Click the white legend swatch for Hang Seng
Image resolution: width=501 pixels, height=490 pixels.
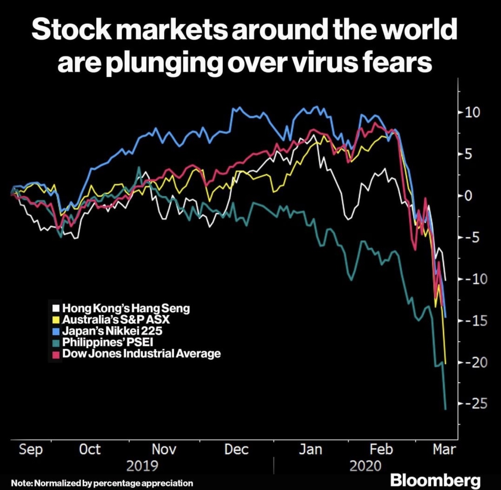tap(56, 308)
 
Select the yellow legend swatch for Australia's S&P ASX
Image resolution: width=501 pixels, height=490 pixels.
tap(56, 319)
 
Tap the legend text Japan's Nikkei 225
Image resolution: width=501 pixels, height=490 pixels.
tap(112, 331)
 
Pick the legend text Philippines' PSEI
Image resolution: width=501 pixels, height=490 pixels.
tap(108, 342)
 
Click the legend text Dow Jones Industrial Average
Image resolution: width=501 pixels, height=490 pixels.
tap(142, 353)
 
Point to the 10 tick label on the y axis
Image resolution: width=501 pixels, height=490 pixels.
tap(472, 112)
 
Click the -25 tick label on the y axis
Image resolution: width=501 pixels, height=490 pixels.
tap(474, 403)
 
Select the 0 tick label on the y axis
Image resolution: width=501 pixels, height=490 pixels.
tap(468, 196)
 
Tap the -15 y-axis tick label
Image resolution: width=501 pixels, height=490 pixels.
tap(474, 320)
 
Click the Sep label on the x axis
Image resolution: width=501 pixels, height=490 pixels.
tap(31, 449)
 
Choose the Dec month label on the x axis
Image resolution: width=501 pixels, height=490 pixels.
tap(236, 449)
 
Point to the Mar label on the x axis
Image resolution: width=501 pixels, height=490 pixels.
tap(444, 449)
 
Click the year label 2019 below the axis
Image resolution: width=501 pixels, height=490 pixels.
tap(142, 466)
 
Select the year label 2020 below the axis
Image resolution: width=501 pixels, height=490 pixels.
tap(365, 466)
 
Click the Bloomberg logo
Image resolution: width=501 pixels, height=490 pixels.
tap(435, 480)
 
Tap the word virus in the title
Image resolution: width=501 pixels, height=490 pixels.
tap(325, 63)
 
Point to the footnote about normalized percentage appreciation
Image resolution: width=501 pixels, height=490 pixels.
tap(102, 483)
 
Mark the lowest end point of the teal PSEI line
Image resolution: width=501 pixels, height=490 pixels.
tap(446, 409)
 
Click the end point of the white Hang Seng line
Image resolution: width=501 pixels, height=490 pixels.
tap(446, 280)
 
